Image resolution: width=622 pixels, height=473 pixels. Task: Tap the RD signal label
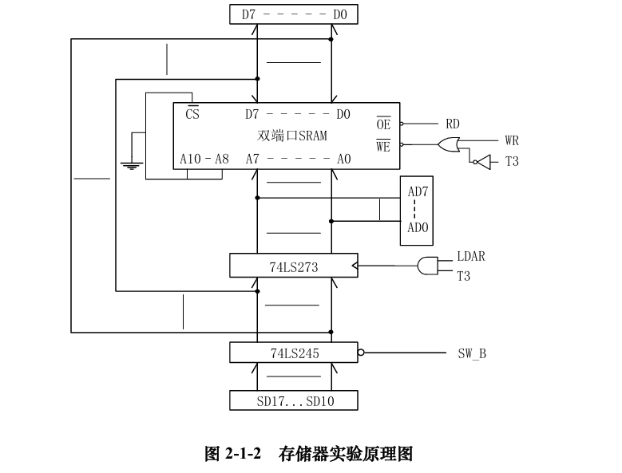(x=453, y=124)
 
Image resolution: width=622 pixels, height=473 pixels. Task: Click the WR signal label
(x=512, y=140)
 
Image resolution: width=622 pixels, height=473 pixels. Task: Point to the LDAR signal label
(x=471, y=257)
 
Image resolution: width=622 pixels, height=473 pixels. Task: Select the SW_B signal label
(x=472, y=353)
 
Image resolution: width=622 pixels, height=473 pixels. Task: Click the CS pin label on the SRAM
(x=192, y=113)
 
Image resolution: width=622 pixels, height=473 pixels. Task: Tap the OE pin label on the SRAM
(x=383, y=124)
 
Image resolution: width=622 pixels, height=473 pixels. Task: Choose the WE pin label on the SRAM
(x=383, y=145)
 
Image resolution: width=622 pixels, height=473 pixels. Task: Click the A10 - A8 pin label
(x=204, y=159)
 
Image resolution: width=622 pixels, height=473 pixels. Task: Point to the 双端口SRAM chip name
(x=292, y=136)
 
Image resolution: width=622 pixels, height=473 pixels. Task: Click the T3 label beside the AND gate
(x=464, y=276)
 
